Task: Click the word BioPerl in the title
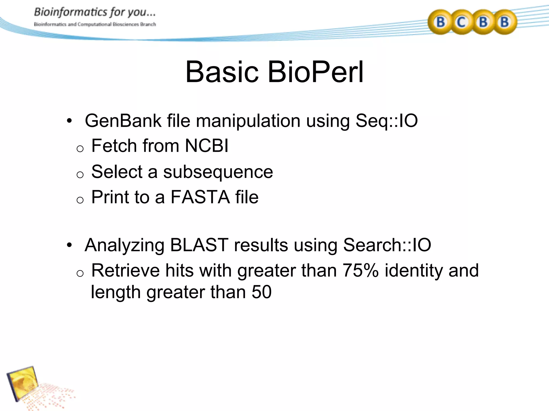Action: click(316, 72)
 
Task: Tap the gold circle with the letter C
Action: click(461, 22)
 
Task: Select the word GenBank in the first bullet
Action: click(123, 121)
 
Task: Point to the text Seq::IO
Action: click(386, 121)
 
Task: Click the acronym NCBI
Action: click(207, 146)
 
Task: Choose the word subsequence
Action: click(218, 172)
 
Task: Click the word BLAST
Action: click(199, 245)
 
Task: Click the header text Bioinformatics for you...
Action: click(94, 12)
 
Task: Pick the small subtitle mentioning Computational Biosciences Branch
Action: click(95, 24)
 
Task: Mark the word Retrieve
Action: click(125, 270)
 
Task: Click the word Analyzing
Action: click(124, 245)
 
